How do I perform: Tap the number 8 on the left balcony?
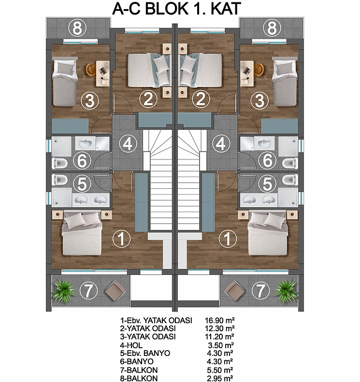pyautogui.click(x=77, y=28)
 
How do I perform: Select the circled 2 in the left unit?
pyautogui.click(x=148, y=99)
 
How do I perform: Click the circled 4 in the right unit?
pyautogui.click(x=221, y=144)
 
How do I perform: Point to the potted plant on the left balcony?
pyautogui.click(x=64, y=291)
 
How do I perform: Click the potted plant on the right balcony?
pyautogui.click(x=286, y=291)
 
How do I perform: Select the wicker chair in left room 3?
pyautogui.click(x=91, y=70)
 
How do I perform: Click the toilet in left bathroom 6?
pyautogui.click(x=59, y=163)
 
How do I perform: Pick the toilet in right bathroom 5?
pyautogui.click(x=290, y=180)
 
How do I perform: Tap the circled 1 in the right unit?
pyautogui.click(x=228, y=239)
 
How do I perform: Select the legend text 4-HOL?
pyautogui.click(x=131, y=345)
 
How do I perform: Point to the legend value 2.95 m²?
pyautogui.click(x=220, y=378)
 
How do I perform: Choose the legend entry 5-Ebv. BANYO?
pyautogui.click(x=145, y=353)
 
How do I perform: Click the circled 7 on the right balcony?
pyautogui.click(x=261, y=290)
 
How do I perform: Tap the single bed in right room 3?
pyautogui.click(x=285, y=82)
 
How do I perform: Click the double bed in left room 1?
pyautogui.click(x=82, y=234)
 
